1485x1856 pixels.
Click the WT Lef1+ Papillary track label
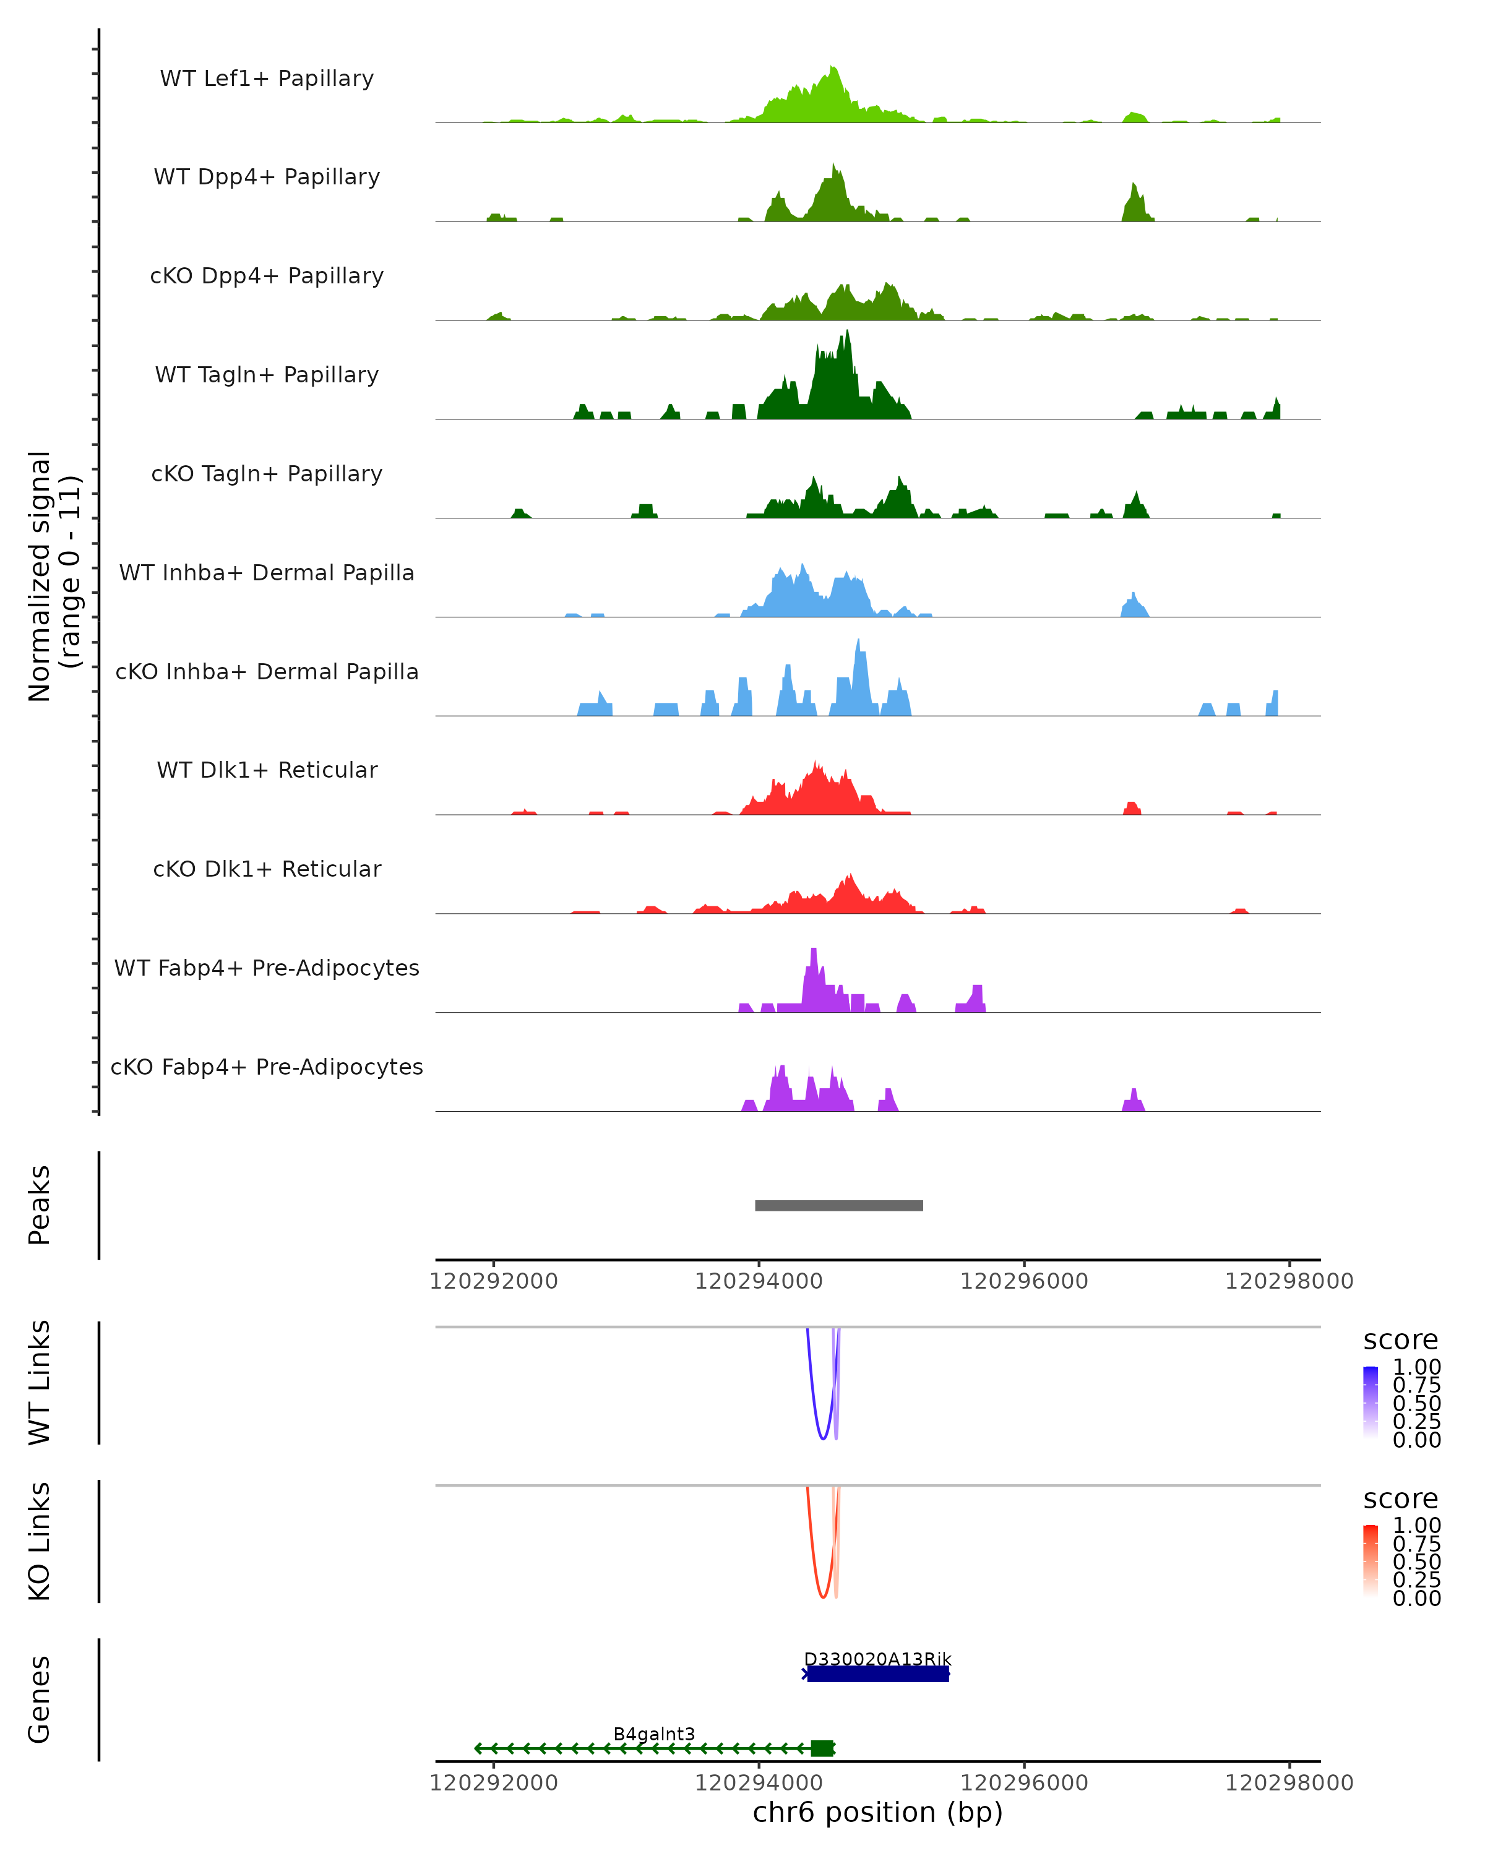pos(267,79)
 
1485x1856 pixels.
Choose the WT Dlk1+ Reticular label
pos(267,770)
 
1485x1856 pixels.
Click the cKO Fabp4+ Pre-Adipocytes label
pos(267,1067)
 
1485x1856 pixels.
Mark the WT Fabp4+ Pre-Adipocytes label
pos(267,968)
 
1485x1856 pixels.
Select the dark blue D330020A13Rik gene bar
pos(877,1673)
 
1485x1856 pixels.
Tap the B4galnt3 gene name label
pos(653,1734)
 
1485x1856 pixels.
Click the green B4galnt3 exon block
pos(822,1748)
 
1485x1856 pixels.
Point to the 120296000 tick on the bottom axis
pos(1025,1783)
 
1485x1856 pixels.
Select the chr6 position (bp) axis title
pos(877,1813)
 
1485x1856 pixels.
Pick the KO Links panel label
pos(40,1541)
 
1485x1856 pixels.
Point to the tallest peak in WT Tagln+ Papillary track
pos(848,332)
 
